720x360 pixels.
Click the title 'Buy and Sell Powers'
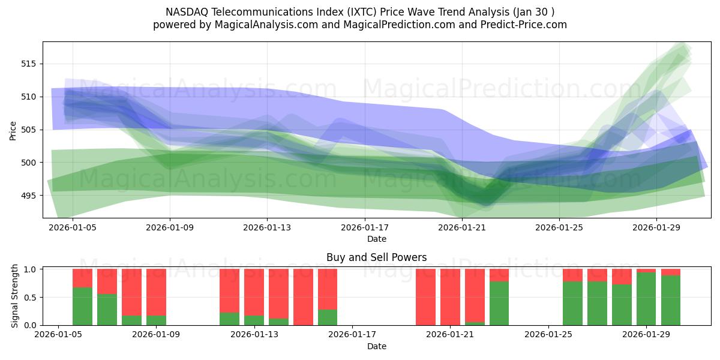376,257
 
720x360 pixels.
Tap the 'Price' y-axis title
13,130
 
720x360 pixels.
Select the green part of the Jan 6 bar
82,306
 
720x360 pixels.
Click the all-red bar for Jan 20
425,297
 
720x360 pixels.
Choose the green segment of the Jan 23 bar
499,303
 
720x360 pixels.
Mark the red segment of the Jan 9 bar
156,292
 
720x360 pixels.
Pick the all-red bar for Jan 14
303,297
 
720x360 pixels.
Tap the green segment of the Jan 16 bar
328,317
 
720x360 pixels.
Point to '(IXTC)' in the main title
354,12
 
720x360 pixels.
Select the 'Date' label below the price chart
376,239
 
